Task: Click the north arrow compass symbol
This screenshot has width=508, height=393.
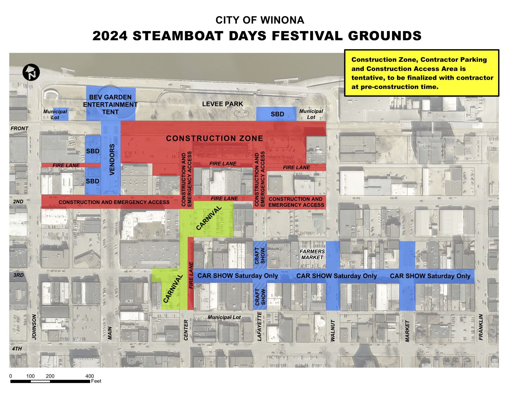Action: [x=31, y=72]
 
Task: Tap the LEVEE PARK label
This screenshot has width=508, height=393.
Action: [x=222, y=104]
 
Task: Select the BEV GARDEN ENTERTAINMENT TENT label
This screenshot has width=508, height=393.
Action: [x=110, y=105]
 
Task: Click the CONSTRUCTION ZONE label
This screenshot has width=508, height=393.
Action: [x=214, y=138]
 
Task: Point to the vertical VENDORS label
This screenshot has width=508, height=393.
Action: [x=112, y=160]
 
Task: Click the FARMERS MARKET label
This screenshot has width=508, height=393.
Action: [x=312, y=254]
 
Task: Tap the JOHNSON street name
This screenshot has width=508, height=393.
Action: [x=34, y=327]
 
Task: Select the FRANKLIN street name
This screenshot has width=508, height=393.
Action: [x=481, y=327]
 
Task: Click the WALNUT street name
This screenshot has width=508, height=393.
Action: [x=333, y=331]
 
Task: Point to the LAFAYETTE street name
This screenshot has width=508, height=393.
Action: [x=260, y=327]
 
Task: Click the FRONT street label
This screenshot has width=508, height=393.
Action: [x=19, y=128]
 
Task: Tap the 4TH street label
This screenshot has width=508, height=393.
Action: [x=17, y=349]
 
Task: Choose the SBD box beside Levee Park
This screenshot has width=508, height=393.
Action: [x=277, y=114]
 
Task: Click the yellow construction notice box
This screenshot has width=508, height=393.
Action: [x=421, y=73]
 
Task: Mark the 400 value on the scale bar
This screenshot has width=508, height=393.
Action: [x=90, y=376]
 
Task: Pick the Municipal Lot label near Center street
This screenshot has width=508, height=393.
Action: [x=224, y=317]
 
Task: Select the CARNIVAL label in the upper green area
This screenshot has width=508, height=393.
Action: [x=209, y=218]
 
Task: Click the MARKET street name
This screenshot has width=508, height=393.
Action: [x=407, y=331]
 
